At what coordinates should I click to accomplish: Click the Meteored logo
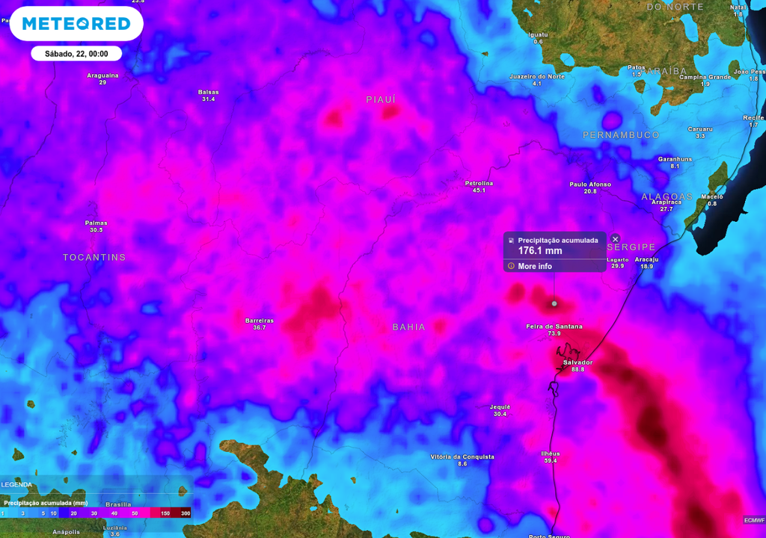76,24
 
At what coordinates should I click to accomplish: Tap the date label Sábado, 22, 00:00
76,54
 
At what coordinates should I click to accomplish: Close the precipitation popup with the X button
616,239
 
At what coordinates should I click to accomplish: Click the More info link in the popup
535,266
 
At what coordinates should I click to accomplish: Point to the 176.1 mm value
540,251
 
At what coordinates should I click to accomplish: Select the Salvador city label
577,362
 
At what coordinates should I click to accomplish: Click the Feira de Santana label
554,327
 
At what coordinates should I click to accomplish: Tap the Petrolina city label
479,183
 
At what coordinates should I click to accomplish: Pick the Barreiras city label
260,321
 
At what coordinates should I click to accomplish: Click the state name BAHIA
409,327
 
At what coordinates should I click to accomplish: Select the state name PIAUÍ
381,99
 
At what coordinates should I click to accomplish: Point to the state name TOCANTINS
94,257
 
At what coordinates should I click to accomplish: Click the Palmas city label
96,223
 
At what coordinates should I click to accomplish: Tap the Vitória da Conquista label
462,457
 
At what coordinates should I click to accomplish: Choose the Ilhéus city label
550,454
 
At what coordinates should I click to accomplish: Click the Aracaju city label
646,259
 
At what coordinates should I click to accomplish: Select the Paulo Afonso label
590,185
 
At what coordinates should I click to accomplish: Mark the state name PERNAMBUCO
621,135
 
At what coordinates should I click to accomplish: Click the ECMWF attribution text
754,520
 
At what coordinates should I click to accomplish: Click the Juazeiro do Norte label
536,76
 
